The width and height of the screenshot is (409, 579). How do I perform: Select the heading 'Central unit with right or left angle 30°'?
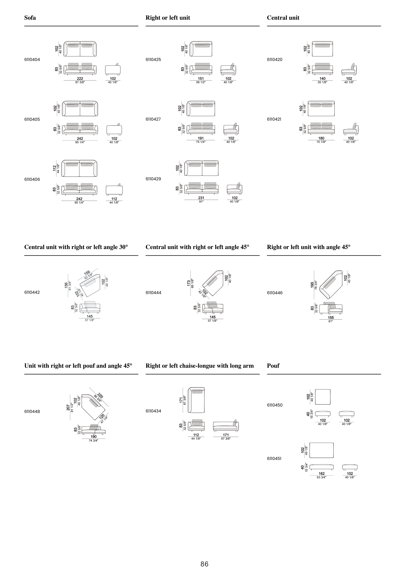tap(76, 247)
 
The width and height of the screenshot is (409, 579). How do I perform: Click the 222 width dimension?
tap(80, 78)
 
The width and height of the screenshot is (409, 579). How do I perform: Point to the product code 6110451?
tap(274, 459)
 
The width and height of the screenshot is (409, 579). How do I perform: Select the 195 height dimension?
tap(312, 285)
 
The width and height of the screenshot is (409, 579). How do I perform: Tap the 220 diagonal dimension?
tap(100, 396)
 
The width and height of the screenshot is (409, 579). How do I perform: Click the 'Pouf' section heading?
tap(273, 366)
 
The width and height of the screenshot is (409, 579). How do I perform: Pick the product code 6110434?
tap(153, 411)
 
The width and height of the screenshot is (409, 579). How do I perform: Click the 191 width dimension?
tap(201, 138)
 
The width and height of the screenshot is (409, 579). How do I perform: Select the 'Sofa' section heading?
tap(30, 18)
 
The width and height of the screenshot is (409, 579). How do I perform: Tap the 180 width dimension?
tap(321, 138)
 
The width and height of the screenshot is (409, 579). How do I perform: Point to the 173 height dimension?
tap(189, 283)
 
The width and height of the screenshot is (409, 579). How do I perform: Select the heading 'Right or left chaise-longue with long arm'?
tap(200, 366)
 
